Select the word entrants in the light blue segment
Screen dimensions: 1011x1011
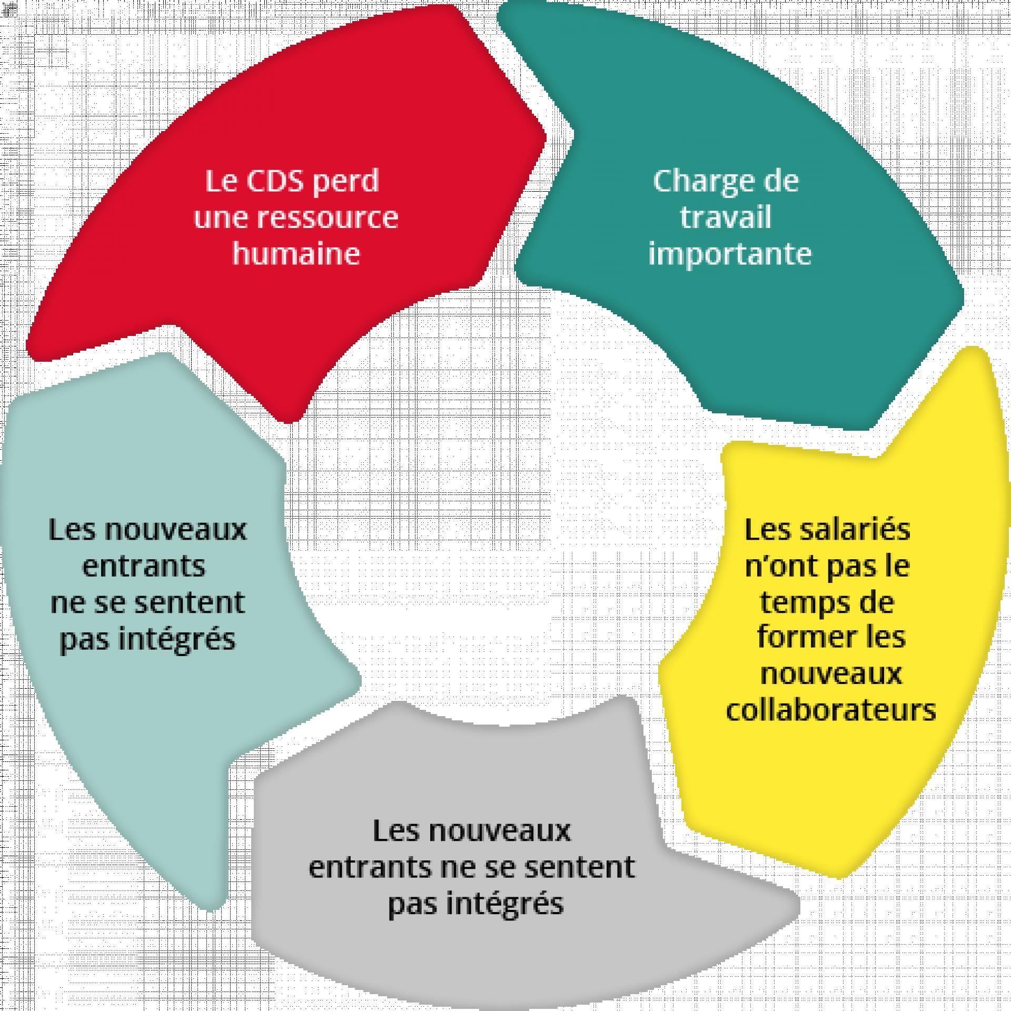pyautogui.click(x=144, y=567)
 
